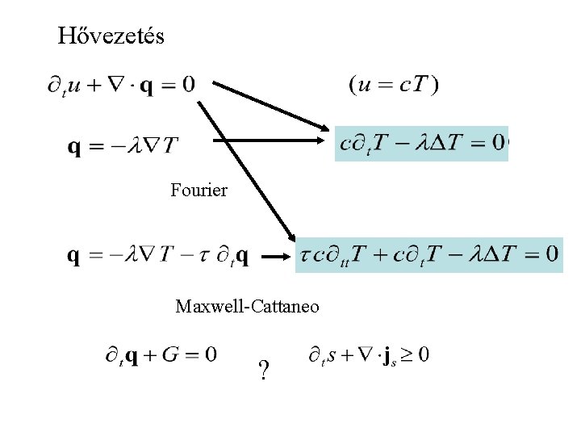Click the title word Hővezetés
(111, 36)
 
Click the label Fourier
(199, 191)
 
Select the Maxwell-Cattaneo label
(247, 307)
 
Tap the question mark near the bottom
(263, 371)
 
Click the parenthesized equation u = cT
(394, 85)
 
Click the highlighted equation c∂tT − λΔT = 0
(421, 143)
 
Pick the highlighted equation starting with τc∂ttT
(428, 254)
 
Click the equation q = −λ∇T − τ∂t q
(158, 256)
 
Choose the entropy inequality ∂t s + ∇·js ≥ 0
(369, 354)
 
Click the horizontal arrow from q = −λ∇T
(266, 140)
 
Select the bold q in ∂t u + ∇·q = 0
(147, 85)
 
